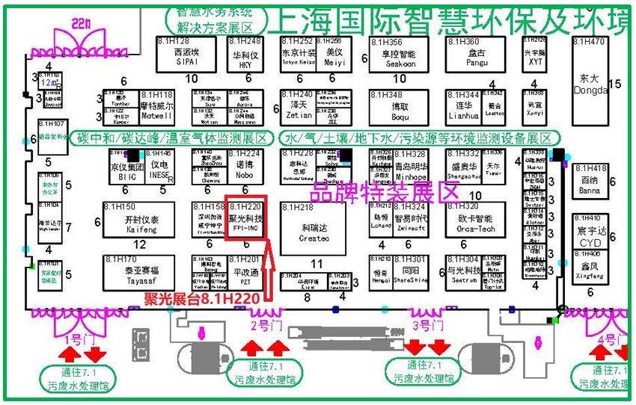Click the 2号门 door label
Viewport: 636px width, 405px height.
267,325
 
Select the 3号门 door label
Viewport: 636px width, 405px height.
426,325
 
